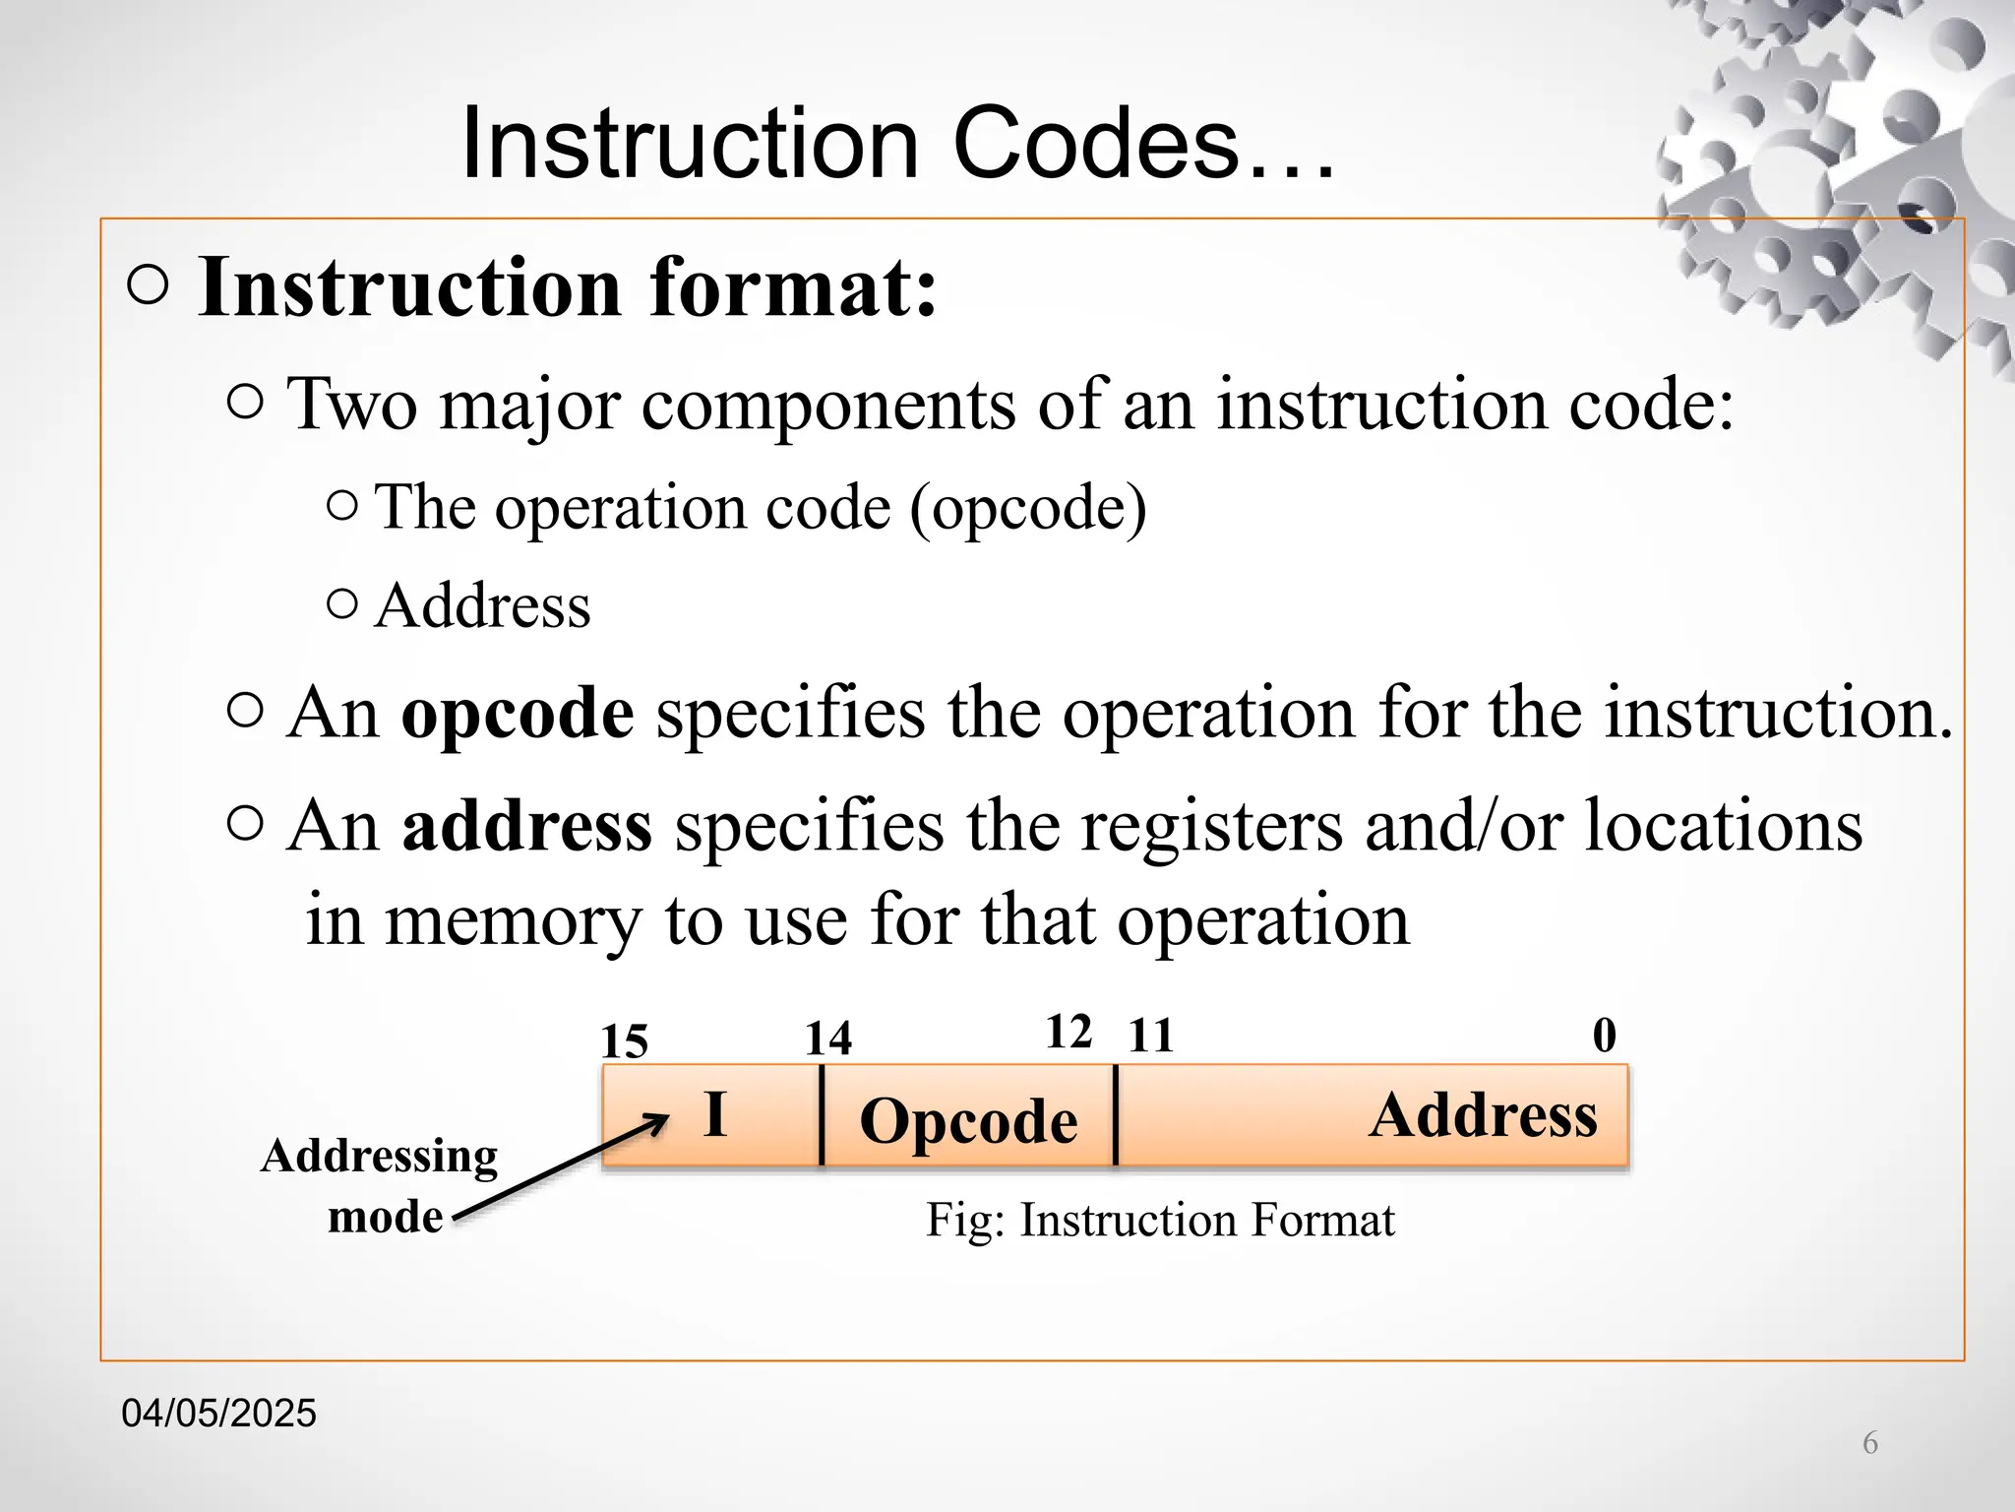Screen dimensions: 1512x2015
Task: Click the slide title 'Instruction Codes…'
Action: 897,145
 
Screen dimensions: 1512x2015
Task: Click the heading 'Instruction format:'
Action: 568,287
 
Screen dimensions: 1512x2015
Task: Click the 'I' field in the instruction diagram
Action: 715,1114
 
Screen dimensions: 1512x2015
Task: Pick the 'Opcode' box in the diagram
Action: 968,1120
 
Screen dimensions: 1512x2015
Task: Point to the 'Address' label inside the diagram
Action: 1483,1115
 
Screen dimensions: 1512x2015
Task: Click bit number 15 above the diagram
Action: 625,1041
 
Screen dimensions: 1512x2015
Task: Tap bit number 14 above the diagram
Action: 828,1039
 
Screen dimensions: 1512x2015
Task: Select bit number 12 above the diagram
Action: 1069,1033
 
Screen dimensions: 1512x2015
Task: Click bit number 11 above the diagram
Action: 1151,1036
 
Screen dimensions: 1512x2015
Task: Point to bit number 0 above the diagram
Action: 1604,1036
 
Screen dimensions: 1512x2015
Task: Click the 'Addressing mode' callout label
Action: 381,1185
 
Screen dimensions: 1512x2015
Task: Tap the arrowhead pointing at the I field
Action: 657,1123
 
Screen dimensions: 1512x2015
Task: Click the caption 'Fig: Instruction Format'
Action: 1160,1221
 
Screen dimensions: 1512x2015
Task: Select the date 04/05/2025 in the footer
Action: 218,1414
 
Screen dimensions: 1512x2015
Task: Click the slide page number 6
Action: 1870,1443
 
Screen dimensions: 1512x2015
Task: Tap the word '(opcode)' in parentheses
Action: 1028,509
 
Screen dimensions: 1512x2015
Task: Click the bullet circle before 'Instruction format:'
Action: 148,286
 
